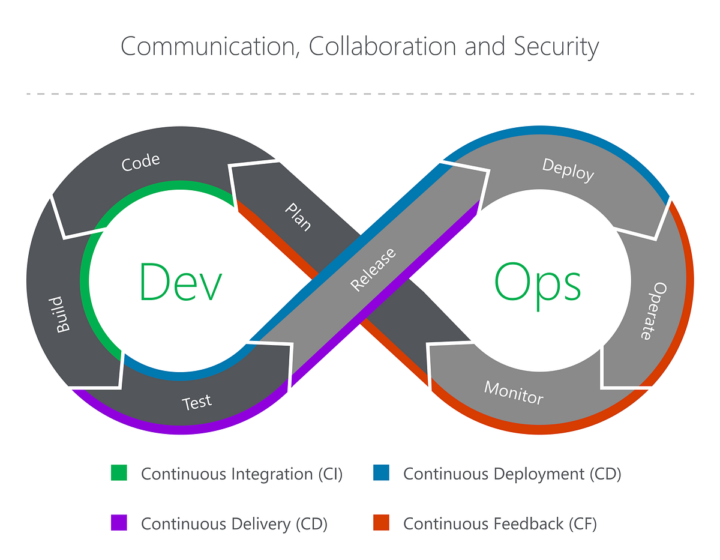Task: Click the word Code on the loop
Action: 141,163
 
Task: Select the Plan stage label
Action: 298,217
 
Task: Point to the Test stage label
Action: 197,402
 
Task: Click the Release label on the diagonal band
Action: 373,269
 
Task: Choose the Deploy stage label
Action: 568,170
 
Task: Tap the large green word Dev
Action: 181,282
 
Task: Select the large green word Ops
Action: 538,282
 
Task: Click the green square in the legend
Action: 119,473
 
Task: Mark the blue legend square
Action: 381,473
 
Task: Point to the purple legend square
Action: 119,523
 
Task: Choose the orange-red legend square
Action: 381,523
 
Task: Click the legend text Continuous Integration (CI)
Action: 241,474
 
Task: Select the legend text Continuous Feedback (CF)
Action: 500,523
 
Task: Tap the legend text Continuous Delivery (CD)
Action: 234,523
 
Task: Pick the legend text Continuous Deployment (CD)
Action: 512,474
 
